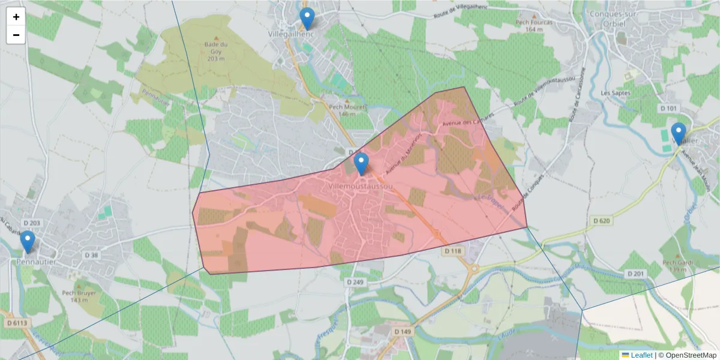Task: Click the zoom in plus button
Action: pyautogui.click(x=16, y=17)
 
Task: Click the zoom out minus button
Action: pyautogui.click(x=16, y=35)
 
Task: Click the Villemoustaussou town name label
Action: pyautogui.click(x=361, y=187)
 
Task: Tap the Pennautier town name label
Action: pyautogui.click(x=37, y=262)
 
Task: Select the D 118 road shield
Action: pyautogui.click(x=454, y=251)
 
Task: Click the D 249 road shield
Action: pyautogui.click(x=355, y=281)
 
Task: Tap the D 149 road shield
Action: pyautogui.click(x=403, y=331)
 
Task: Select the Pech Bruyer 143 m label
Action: pyautogui.click(x=79, y=296)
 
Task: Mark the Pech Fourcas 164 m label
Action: pyautogui.click(x=533, y=25)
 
